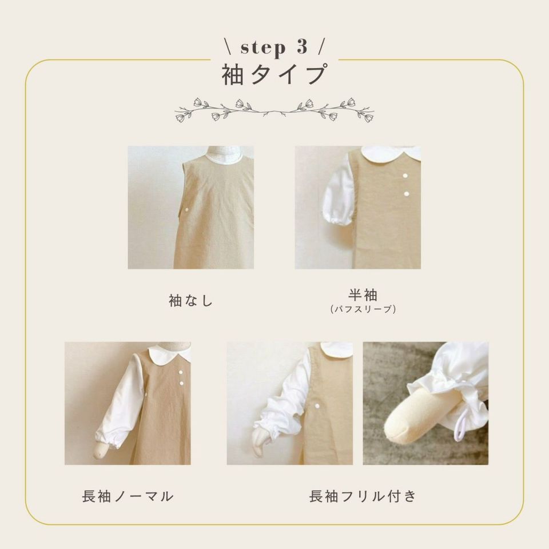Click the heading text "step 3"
[x=274, y=47]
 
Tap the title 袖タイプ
[x=275, y=74]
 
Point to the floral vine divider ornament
[x=274, y=109]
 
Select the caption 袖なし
[x=191, y=300]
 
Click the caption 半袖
[x=363, y=295]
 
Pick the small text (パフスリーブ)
[x=363, y=309]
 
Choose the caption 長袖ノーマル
[x=128, y=496]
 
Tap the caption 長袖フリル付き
[x=363, y=496]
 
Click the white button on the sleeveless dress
[x=186, y=209]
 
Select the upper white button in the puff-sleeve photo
[x=405, y=176]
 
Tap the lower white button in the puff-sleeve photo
[x=407, y=194]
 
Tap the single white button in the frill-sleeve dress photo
[x=317, y=405]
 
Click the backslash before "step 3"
[x=229, y=47]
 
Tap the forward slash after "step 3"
[x=321, y=47]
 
